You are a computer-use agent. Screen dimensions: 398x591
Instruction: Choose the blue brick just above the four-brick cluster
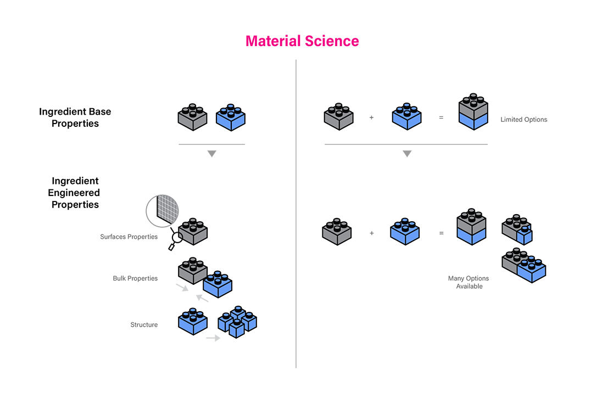(218, 283)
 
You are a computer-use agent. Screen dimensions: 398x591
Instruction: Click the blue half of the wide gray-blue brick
(532, 270)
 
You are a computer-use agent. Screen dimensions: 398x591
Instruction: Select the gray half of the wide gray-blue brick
(514, 259)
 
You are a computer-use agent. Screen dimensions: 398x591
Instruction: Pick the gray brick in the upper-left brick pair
(193, 117)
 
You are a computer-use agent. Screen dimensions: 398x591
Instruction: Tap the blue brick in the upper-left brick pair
(231, 117)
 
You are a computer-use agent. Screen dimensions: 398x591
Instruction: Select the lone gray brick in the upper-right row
(338, 117)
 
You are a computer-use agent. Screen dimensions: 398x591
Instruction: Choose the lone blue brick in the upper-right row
(406, 117)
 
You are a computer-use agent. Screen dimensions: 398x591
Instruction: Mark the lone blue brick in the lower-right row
(405, 231)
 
